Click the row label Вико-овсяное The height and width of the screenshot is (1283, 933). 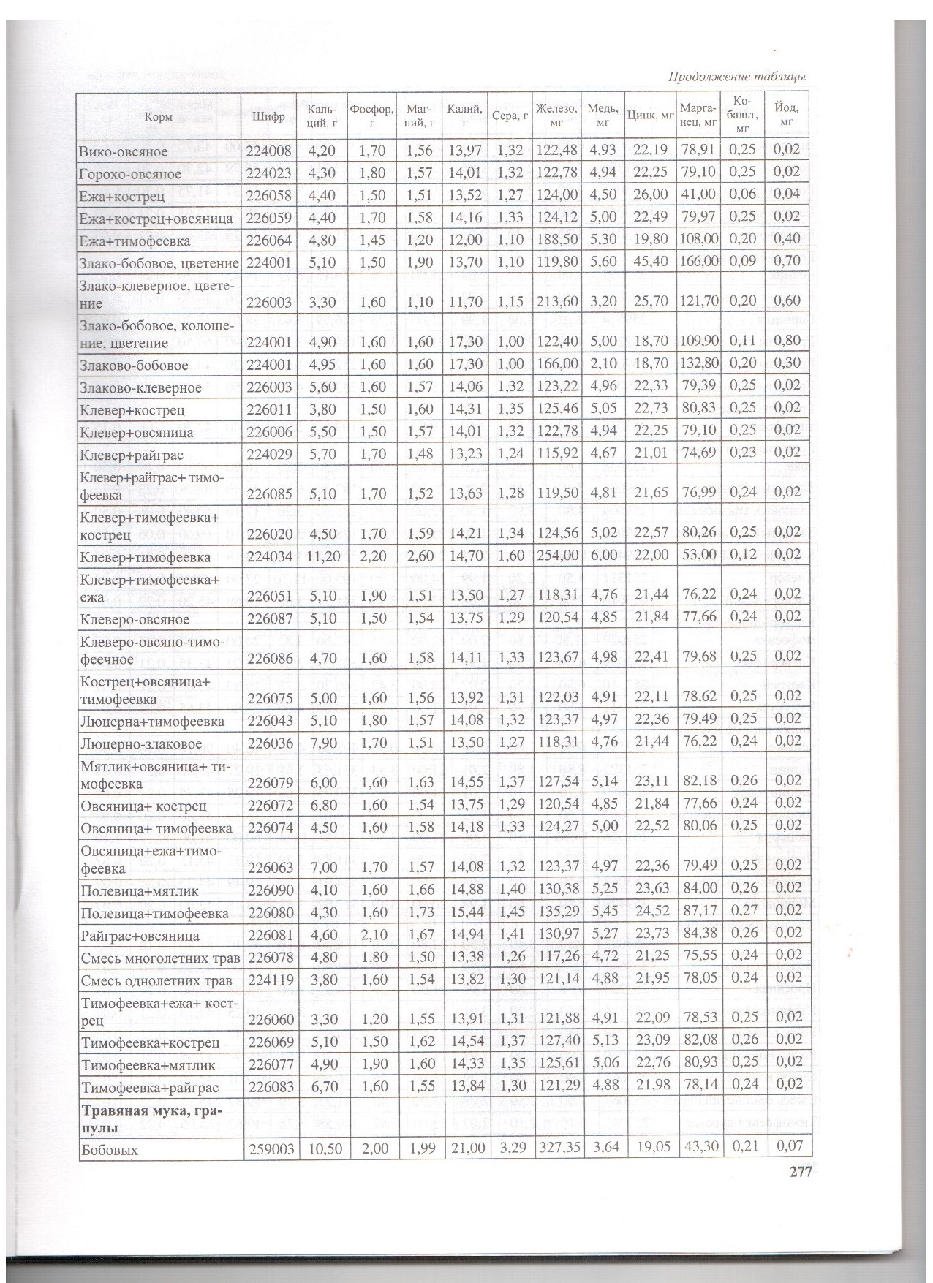(x=124, y=152)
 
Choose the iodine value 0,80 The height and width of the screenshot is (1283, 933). (x=786, y=343)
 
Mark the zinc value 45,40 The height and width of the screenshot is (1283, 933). (x=652, y=260)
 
